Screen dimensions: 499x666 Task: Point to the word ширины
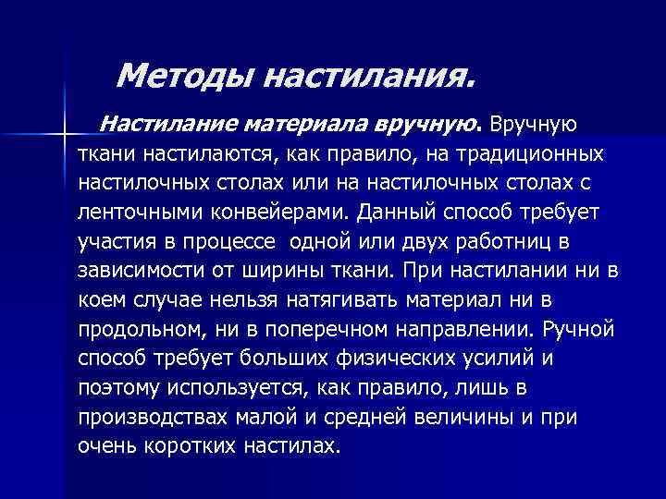301,272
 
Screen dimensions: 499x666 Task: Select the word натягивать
361,301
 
